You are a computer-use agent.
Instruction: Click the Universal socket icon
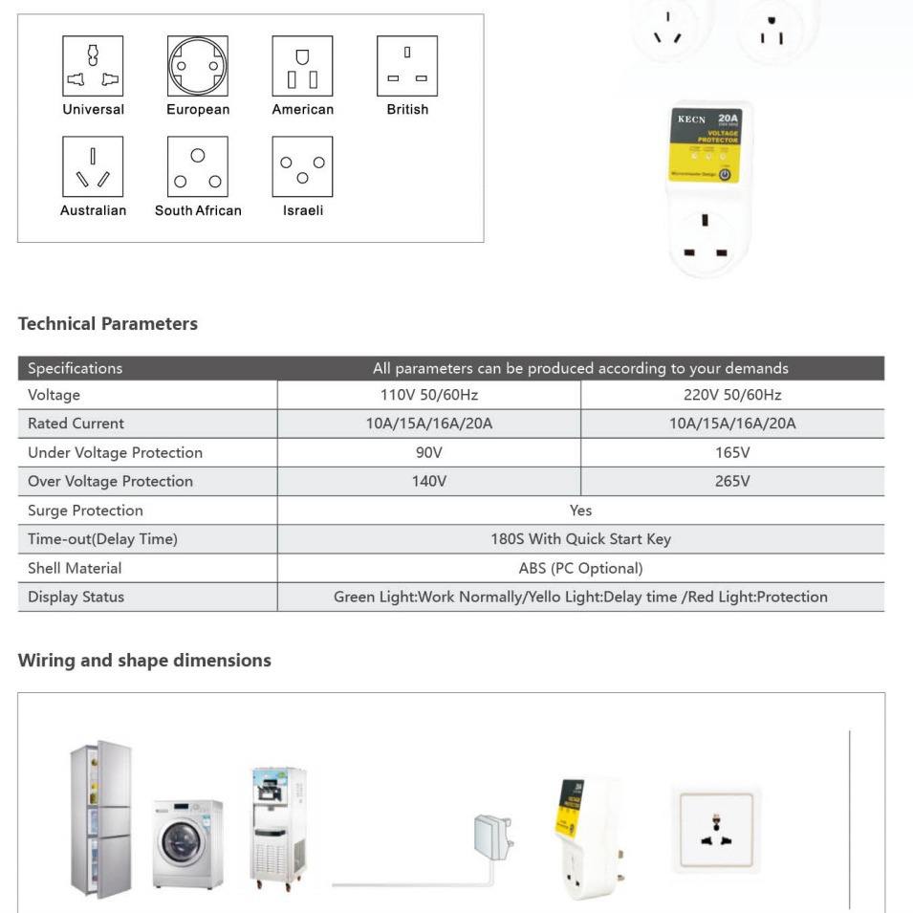[93, 66]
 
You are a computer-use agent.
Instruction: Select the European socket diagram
[198, 66]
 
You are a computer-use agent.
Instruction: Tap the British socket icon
[407, 66]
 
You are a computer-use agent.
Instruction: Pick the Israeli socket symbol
[302, 166]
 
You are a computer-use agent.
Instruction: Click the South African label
[198, 210]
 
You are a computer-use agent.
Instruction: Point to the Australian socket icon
[93, 166]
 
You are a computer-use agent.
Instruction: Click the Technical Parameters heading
[108, 324]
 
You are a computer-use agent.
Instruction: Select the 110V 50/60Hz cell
[428, 395]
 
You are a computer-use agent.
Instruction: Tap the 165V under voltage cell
[731, 452]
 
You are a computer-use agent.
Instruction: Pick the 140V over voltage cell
[428, 481]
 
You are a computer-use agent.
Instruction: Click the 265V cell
[731, 481]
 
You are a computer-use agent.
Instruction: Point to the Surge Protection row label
[85, 511]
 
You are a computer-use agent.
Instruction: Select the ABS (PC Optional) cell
[580, 568]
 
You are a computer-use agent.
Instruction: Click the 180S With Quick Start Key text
[580, 539]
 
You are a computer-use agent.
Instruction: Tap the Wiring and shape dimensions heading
[144, 661]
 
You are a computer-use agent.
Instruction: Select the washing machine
[187, 844]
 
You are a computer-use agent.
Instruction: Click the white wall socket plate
[716, 828]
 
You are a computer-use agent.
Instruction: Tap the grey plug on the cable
[492, 835]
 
